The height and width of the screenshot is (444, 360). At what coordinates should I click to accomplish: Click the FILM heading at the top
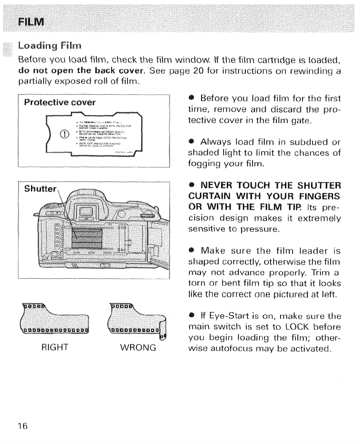coord(31,22)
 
